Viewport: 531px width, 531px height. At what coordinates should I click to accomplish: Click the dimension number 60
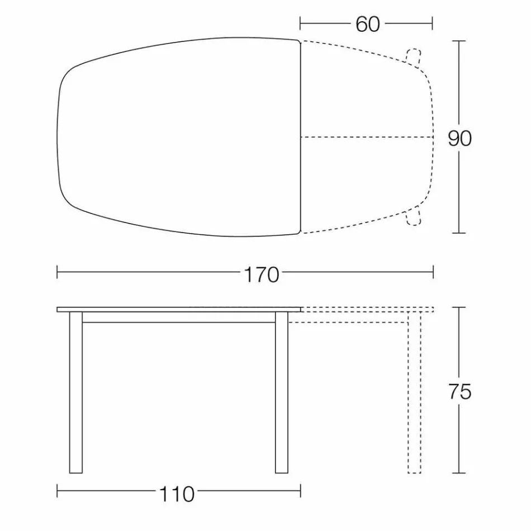(x=367, y=24)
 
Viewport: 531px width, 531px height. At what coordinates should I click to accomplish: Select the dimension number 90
(x=459, y=138)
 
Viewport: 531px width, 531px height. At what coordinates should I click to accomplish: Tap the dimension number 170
(x=262, y=274)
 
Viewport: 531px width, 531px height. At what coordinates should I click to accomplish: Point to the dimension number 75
(x=459, y=392)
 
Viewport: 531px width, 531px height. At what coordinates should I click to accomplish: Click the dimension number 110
(x=177, y=494)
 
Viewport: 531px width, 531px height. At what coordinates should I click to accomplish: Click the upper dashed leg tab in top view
(x=414, y=56)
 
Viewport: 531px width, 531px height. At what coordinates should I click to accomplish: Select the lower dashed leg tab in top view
(x=414, y=216)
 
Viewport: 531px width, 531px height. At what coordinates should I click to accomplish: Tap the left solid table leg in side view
(x=75, y=392)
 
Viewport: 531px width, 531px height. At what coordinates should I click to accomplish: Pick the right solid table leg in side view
(x=282, y=392)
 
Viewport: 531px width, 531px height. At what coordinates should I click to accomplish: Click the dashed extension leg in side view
(x=414, y=397)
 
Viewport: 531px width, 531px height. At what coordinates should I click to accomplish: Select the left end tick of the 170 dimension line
(x=58, y=272)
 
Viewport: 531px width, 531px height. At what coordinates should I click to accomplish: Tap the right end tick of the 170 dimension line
(x=434, y=272)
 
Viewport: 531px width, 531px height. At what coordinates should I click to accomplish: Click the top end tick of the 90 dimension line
(x=459, y=41)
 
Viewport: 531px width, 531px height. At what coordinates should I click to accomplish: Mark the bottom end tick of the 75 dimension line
(x=459, y=473)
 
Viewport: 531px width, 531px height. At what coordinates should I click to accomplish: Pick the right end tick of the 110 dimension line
(x=301, y=492)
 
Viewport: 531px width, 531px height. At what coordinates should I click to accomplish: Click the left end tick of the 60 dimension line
(x=301, y=23)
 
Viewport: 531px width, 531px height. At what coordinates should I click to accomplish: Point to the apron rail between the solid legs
(x=179, y=317)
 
